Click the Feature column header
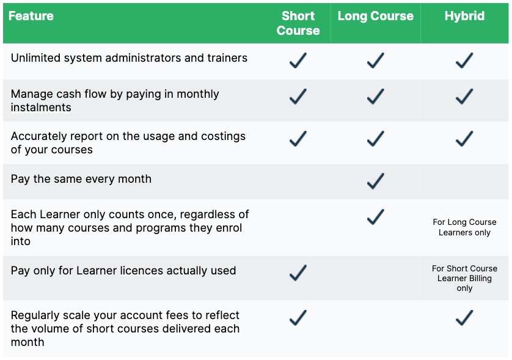tap(31, 17)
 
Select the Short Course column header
tap(298, 23)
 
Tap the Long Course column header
tap(375, 17)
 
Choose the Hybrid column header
tap(464, 17)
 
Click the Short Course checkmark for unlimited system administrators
tap(298, 61)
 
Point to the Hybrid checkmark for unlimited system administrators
tap(464, 61)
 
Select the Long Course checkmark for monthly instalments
tap(375, 97)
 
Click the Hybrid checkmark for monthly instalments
tap(464, 97)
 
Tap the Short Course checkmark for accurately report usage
tap(298, 139)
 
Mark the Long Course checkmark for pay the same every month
tap(375, 181)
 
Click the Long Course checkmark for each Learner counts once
tap(375, 217)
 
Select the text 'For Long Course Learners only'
tap(464, 227)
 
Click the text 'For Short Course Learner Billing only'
tap(464, 278)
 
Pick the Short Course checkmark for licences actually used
tap(298, 273)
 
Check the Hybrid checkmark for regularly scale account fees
tap(464, 318)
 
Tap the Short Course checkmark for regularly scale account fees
tap(298, 318)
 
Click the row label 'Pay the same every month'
tap(81, 179)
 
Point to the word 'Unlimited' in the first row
tap(36, 58)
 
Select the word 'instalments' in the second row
tap(41, 108)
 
